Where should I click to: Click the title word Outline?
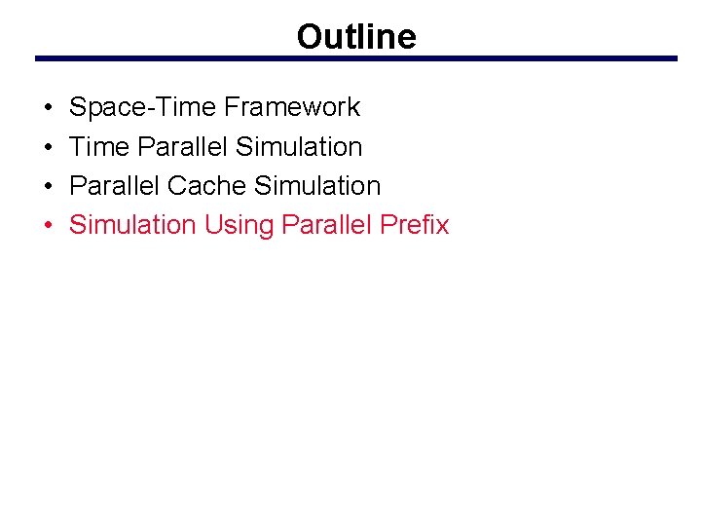pos(356,37)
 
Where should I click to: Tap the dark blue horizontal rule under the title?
pos(356,58)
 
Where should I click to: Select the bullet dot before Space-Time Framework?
pos(48,107)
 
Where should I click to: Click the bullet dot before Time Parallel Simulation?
pos(48,147)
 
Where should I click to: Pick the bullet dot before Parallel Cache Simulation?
pos(48,186)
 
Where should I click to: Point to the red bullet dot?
pos(48,225)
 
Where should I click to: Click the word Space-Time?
pos(143,107)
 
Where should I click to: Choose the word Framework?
pos(291,107)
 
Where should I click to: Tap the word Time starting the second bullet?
pos(100,147)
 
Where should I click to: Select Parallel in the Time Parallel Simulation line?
pos(183,147)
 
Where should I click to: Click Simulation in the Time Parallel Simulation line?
pos(299,147)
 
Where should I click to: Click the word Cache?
pos(205,186)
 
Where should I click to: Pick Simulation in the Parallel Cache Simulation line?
pos(317,186)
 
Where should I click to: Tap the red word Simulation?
pos(132,225)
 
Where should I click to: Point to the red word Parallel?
pos(326,225)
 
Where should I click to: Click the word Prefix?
pos(415,225)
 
